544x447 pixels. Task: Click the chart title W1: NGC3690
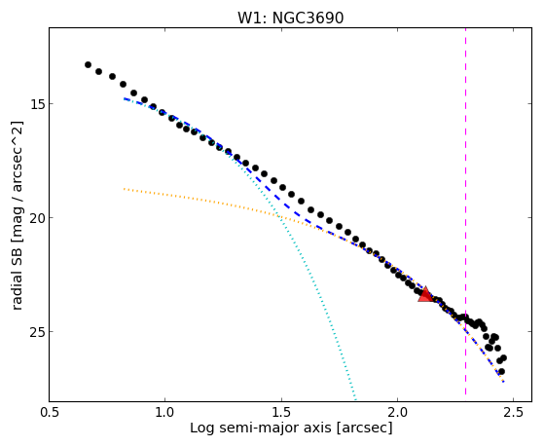[290, 19]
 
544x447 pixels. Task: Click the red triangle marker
[425, 294]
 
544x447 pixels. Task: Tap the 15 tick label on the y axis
[39, 104]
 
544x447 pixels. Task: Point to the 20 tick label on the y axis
[39, 218]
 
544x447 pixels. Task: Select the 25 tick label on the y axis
[39, 332]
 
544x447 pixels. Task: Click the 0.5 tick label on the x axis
[50, 412]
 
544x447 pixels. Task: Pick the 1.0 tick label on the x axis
[165, 412]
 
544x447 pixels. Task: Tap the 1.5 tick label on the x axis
[281, 412]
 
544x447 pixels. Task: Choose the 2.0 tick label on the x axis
[398, 412]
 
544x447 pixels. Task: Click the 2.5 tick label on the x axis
[514, 412]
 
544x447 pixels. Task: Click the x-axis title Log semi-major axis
[261, 428]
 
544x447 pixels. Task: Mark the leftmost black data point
[89, 64]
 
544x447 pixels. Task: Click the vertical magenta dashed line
[465, 211]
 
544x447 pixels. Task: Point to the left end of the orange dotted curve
[125, 189]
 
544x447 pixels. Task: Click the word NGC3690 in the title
[308, 19]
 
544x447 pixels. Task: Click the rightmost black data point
[504, 357]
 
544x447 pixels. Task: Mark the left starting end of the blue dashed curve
[125, 99]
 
